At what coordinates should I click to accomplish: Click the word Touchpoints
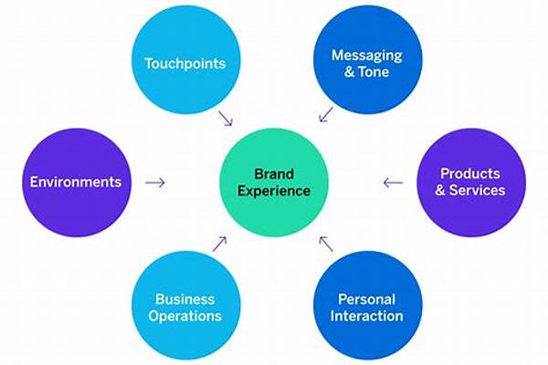pos(185,64)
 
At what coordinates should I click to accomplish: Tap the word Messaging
pos(366,56)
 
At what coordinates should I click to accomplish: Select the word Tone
pos(374,71)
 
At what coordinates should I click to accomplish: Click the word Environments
pos(76,182)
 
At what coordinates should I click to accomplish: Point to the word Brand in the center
pos(274,174)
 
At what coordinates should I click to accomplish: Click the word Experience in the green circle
pos(274,191)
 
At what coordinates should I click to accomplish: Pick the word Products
pos(470,173)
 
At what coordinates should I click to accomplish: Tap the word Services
pos(477,190)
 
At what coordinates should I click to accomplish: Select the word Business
pos(184,299)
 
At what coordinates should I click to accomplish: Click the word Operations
pos(184,316)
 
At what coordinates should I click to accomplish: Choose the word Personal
pos(366,299)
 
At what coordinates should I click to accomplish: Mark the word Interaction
pos(366,316)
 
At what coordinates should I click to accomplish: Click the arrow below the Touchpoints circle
pos(226,119)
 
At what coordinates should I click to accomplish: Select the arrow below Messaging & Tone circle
pos(326,115)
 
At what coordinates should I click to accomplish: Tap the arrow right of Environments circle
pos(155,182)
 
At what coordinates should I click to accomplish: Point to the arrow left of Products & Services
pos(393,182)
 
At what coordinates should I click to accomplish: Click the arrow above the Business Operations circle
pos(219,244)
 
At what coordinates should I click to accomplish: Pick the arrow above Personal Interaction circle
pos(326,244)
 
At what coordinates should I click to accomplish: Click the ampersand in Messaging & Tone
pos(349,71)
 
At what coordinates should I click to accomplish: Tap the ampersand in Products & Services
pos(440,190)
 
